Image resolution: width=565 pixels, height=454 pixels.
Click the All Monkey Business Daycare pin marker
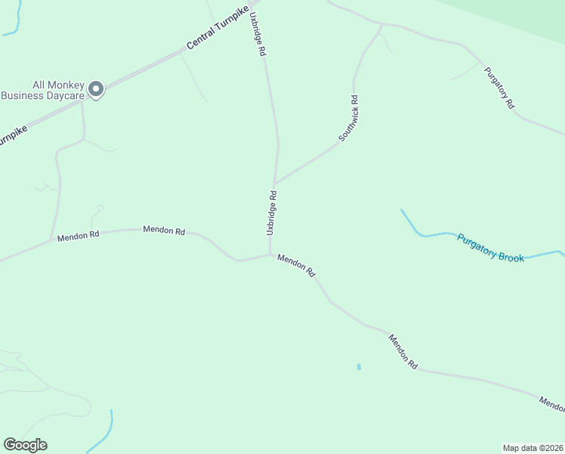(x=96, y=90)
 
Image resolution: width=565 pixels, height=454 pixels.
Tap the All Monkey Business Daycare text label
(x=42, y=90)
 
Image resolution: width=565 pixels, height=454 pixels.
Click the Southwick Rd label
(x=348, y=119)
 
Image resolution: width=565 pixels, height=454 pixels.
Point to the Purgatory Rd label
(x=499, y=88)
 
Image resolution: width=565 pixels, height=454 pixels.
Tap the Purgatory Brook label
(x=490, y=247)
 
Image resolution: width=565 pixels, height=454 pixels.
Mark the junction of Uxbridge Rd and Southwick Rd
(x=275, y=182)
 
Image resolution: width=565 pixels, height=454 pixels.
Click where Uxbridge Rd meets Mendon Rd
(x=270, y=254)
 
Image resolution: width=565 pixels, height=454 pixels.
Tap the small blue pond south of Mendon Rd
(x=359, y=367)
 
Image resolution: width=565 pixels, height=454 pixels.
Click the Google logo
(x=25, y=445)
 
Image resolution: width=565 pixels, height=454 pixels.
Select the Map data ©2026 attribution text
(x=533, y=447)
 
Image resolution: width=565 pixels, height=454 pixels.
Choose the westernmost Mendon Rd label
(x=78, y=235)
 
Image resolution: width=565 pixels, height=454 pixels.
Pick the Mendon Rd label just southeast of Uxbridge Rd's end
(x=296, y=265)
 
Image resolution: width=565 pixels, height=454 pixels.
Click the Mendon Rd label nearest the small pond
(x=403, y=351)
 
